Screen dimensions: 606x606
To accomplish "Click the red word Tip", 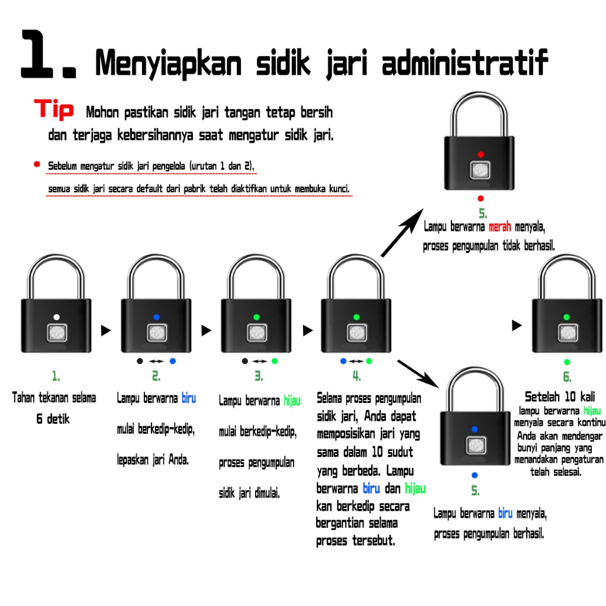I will point(54,109).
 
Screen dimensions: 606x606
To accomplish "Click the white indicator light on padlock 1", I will point(56,317).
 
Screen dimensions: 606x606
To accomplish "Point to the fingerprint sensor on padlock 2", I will point(156,333).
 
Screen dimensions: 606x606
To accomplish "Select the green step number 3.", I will point(259,376).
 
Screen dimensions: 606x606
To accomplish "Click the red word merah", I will point(500,227).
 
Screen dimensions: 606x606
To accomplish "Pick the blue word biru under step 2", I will point(188,398).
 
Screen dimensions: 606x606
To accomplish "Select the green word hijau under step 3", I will point(292,401).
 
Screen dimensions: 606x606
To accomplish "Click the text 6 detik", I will point(53,419).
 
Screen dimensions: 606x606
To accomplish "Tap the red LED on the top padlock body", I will point(481,154).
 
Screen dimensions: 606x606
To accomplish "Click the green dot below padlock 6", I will point(567,362).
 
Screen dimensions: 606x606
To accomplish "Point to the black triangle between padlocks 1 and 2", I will point(106,331).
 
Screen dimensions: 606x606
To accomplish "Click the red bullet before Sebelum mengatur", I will point(37,164).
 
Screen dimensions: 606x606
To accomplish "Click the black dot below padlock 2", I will point(140,360).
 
